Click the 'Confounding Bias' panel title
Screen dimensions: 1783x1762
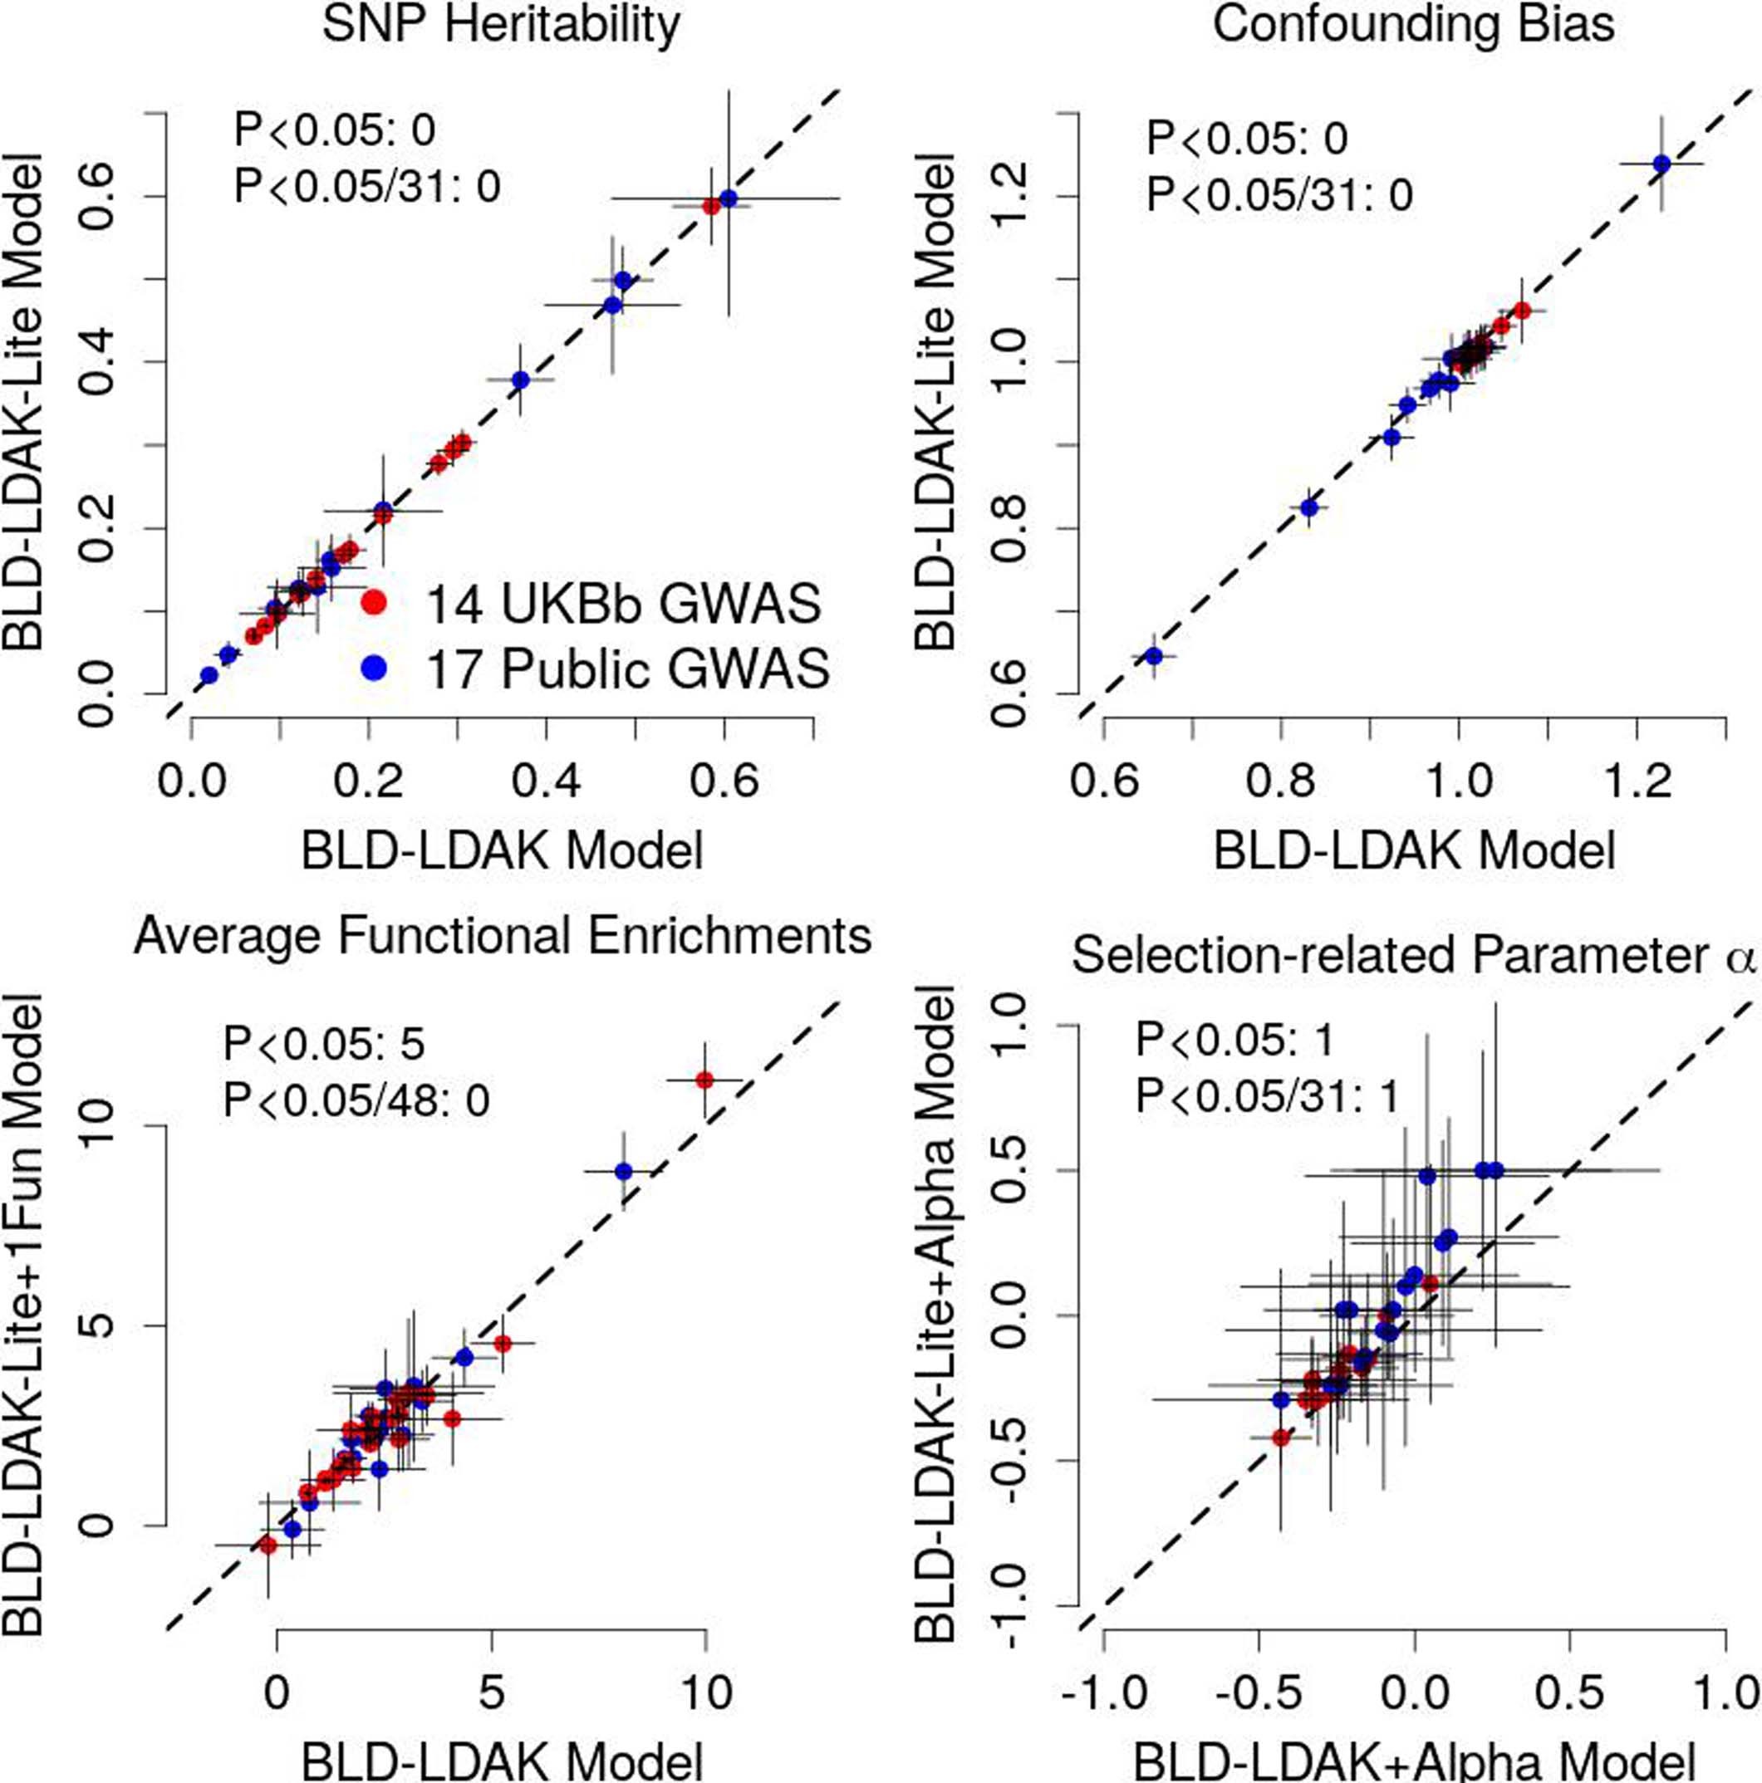point(1413,25)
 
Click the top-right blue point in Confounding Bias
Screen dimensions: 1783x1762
point(1661,164)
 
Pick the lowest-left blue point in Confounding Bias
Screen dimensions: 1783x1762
point(1153,655)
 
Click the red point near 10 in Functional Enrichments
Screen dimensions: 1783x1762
point(704,1080)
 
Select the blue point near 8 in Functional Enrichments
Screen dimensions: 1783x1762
point(624,1171)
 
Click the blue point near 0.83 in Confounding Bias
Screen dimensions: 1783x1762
point(1308,507)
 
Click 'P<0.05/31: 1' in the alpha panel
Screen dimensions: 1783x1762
point(1267,1097)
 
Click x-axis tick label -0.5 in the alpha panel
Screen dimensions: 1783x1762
point(1256,1692)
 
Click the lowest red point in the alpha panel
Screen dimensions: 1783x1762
point(1280,1438)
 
